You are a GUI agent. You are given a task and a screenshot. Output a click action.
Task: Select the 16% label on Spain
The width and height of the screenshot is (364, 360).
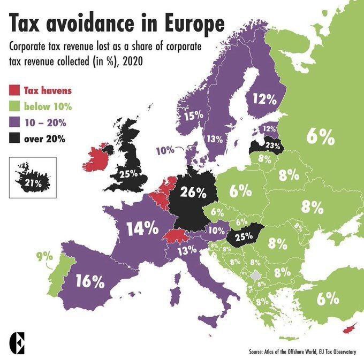coord(89,281)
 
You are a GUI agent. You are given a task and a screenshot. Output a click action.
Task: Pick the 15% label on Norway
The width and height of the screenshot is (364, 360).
coord(194,115)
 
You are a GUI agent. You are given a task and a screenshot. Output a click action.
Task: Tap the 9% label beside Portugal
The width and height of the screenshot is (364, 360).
coord(44,257)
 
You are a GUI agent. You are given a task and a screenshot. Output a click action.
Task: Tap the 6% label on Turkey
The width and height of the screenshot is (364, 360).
coord(327,298)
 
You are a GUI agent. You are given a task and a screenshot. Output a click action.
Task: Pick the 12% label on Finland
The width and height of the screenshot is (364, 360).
coord(264,99)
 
